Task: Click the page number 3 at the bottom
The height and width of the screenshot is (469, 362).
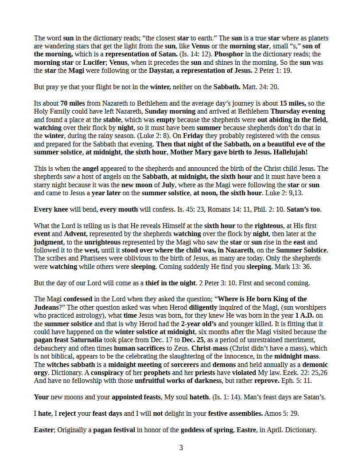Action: click(181, 448)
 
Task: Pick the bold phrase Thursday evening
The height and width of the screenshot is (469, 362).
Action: click(298, 112)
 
